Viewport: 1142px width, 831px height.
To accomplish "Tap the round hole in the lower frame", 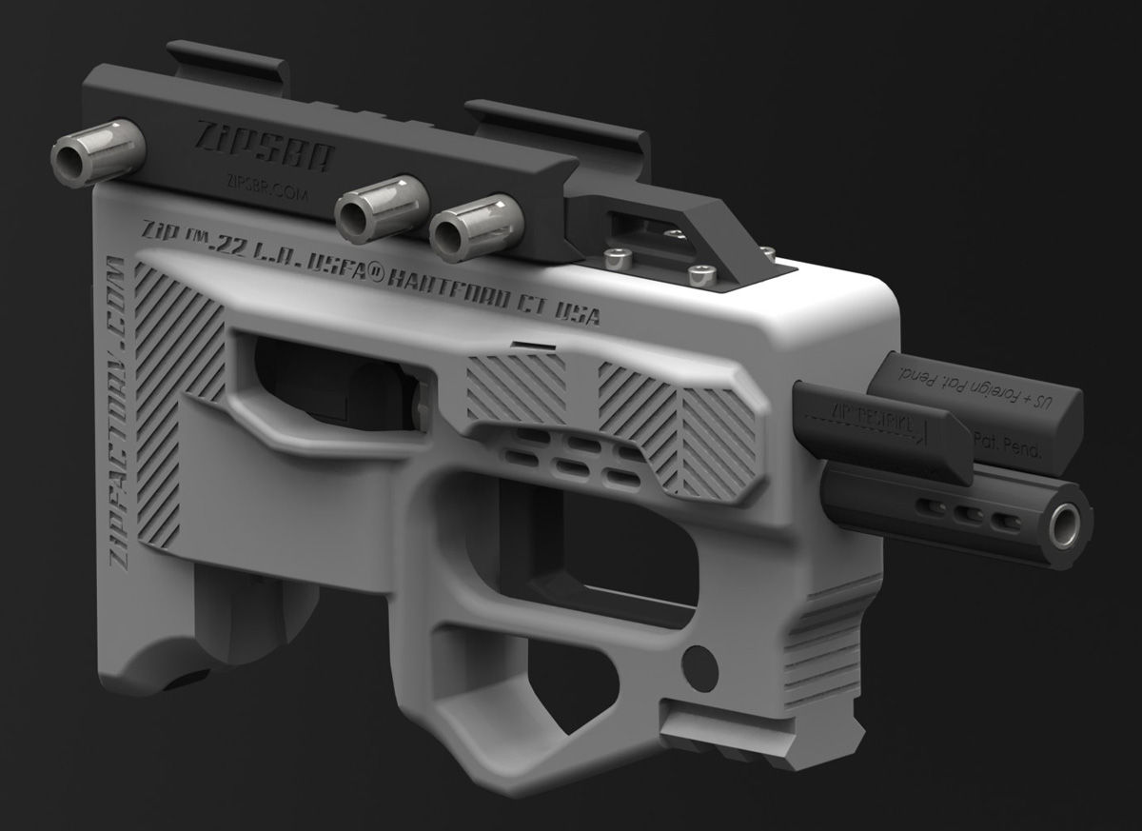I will point(700,660).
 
